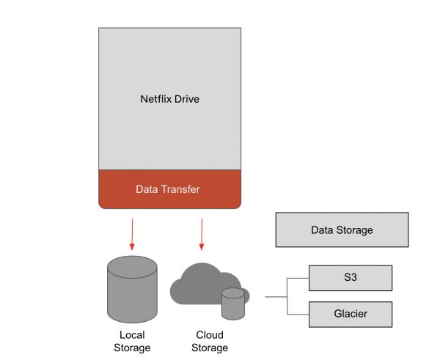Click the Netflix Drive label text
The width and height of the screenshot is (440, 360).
coord(169,98)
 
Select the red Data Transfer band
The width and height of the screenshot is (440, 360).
coord(169,189)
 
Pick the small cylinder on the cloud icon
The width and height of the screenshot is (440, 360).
coord(232,304)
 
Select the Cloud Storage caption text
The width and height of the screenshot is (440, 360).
coord(210,341)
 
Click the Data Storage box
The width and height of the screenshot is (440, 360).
coord(342,230)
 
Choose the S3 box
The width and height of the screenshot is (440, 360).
coord(350,278)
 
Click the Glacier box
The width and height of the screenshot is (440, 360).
coord(350,314)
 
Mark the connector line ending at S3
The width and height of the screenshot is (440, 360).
coord(298,279)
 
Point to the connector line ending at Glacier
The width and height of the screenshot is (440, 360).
coord(298,314)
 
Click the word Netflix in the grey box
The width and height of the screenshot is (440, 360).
coord(155,98)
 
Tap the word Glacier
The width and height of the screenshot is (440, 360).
coord(350,314)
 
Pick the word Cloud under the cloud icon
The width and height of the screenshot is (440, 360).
coord(210,335)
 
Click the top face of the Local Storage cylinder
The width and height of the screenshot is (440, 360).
coord(131,263)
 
